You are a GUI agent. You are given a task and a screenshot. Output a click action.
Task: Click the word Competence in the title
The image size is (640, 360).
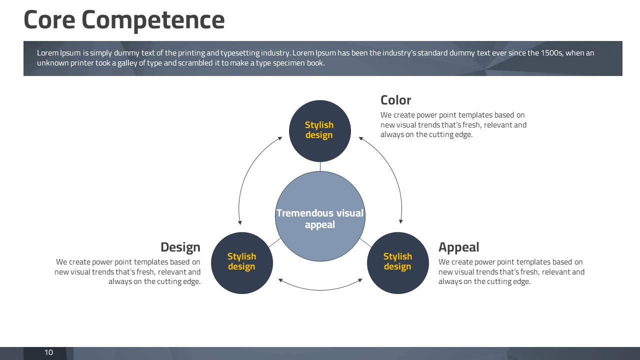[x=153, y=20]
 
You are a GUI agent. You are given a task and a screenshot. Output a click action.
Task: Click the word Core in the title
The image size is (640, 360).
[x=49, y=19]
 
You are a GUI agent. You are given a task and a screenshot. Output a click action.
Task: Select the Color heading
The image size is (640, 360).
[x=395, y=100]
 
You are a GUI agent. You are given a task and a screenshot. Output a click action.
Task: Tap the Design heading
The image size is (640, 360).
[x=180, y=247]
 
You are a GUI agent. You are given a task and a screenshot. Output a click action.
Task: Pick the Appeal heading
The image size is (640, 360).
[x=458, y=247]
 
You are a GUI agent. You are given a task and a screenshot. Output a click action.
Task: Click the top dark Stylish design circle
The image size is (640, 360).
[x=319, y=131]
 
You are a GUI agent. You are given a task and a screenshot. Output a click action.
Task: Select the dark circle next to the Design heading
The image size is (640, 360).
[x=241, y=263]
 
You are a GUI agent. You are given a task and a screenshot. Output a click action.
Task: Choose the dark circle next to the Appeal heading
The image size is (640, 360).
[x=397, y=263]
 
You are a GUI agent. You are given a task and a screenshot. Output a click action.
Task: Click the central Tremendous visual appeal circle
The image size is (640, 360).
[x=320, y=216]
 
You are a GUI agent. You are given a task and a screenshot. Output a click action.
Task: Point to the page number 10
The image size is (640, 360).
[x=48, y=352]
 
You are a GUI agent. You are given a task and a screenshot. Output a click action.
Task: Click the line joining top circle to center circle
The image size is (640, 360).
[x=320, y=166]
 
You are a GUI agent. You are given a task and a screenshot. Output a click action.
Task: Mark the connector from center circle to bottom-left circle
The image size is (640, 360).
[x=274, y=242]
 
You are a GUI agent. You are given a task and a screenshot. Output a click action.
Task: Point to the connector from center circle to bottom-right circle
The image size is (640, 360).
[x=365, y=242]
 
